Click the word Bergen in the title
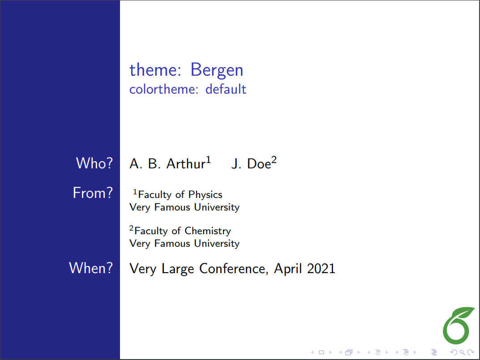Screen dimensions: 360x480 pos(217,70)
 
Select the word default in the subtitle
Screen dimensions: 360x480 pos(226,89)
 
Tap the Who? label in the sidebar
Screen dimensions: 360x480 pos(94,163)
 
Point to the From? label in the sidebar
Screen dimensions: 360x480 pos(93,193)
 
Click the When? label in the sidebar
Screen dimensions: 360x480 pos(91,268)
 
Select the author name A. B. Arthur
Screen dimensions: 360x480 pos(167,164)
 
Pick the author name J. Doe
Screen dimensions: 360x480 pos(251,164)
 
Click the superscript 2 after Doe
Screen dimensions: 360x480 pos(274,160)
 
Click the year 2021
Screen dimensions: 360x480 pos(321,269)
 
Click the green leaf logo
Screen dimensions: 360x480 pos(458,324)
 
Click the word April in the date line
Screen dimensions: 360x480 pos(288,269)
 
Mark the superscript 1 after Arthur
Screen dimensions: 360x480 pos(208,160)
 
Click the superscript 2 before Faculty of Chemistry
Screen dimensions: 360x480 pos(132,229)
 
